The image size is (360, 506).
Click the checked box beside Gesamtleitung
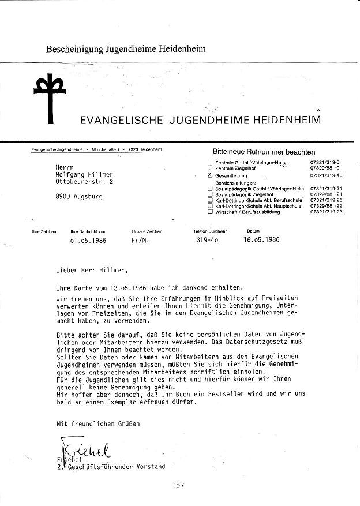pos(210,175)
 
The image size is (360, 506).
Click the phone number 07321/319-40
pos(326,175)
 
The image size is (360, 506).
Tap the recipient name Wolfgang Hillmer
pos(85,174)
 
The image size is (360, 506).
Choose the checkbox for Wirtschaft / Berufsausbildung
pos(210,212)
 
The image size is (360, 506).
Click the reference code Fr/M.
pos(140,240)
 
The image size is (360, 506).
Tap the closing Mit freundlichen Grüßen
pos(97,423)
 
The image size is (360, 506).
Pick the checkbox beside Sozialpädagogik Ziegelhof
pos(210,194)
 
